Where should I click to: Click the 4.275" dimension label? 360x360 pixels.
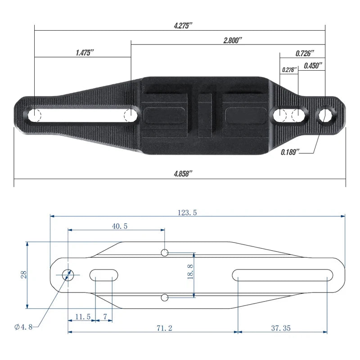[x=183, y=26]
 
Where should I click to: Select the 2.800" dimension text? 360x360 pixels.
[x=233, y=40]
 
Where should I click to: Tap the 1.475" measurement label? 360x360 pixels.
[x=85, y=53]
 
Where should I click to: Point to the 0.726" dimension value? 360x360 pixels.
[x=305, y=54]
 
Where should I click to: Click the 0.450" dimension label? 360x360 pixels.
[x=313, y=66]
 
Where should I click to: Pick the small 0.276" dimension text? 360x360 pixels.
[x=289, y=70]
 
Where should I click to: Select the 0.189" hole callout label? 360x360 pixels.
[x=290, y=152]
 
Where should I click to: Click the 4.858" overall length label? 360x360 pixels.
[x=183, y=174]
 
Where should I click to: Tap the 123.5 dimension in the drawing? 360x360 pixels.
[x=187, y=212]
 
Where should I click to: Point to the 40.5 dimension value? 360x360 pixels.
[x=120, y=226]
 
